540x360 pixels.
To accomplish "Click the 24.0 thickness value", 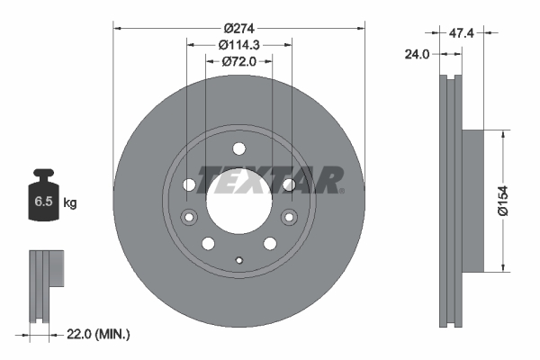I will click(416, 53).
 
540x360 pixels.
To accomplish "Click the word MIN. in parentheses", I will click(114, 334).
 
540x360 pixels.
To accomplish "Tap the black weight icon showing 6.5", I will click(43, 200).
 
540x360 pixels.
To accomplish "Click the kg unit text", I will click(69, 203).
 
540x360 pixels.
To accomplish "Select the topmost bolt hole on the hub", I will click(238, 149).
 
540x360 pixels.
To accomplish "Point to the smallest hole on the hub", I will click(238, 261).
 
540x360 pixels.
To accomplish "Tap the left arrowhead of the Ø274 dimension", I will click(117, 28).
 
